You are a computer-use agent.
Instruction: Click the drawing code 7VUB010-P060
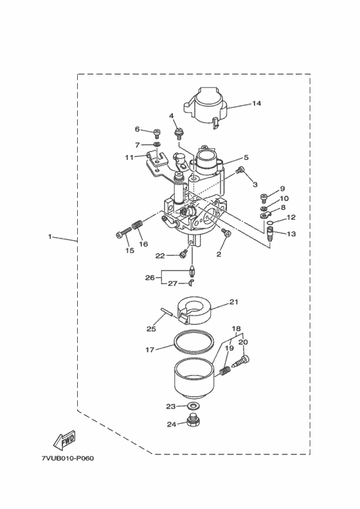(67, 458)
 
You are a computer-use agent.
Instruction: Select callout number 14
(256, 103)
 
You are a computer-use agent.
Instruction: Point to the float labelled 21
(194, 311)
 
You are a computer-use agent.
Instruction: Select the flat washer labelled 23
(194, 406)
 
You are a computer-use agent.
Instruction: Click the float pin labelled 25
(167, 315)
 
